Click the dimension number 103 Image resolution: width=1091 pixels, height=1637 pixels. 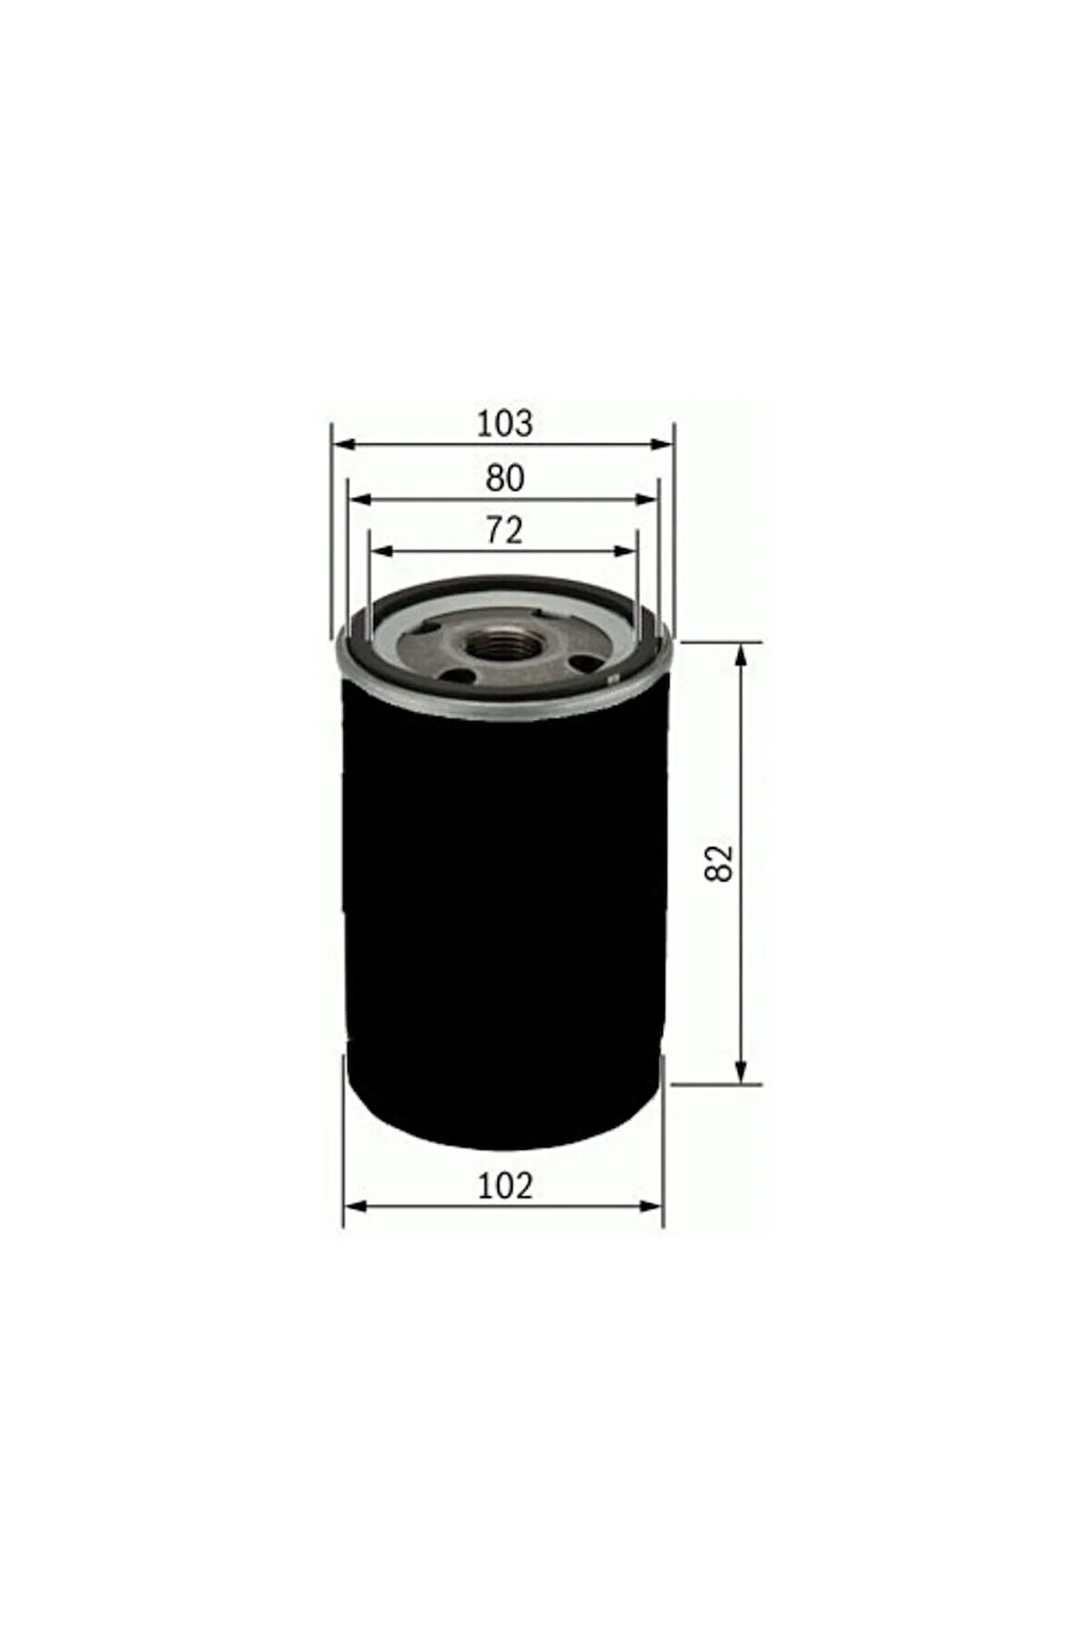pos(504,423)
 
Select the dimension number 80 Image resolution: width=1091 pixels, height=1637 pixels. pos(505,478)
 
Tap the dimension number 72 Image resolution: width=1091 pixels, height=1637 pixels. pos(505,530)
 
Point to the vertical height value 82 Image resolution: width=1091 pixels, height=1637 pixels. pos(720,862)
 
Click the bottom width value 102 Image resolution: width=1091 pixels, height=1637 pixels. pos(505,1185)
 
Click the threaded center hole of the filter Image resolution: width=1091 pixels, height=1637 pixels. pos(492,645)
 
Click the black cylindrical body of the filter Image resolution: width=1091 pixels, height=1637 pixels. pos(504,906)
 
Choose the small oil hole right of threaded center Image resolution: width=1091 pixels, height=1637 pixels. pos(583,662)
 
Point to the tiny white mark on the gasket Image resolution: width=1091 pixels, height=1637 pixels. pos(609,682)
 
